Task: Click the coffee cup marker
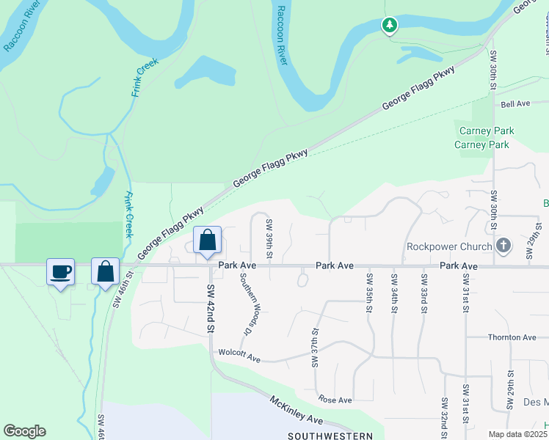(60, 272)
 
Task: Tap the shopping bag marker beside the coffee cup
(106, 271)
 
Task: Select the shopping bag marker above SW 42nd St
(208, 241)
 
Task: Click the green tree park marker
(389, 26)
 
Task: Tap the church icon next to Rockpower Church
(503, 245)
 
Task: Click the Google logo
(24, 431)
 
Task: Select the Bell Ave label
(515, 104)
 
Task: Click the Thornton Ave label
(512, 337)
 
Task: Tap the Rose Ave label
(335, 400)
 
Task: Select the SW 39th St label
(270, 239)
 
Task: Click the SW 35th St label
(368, 291)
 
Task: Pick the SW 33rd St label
(423, 291)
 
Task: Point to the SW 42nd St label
(209, 309)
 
